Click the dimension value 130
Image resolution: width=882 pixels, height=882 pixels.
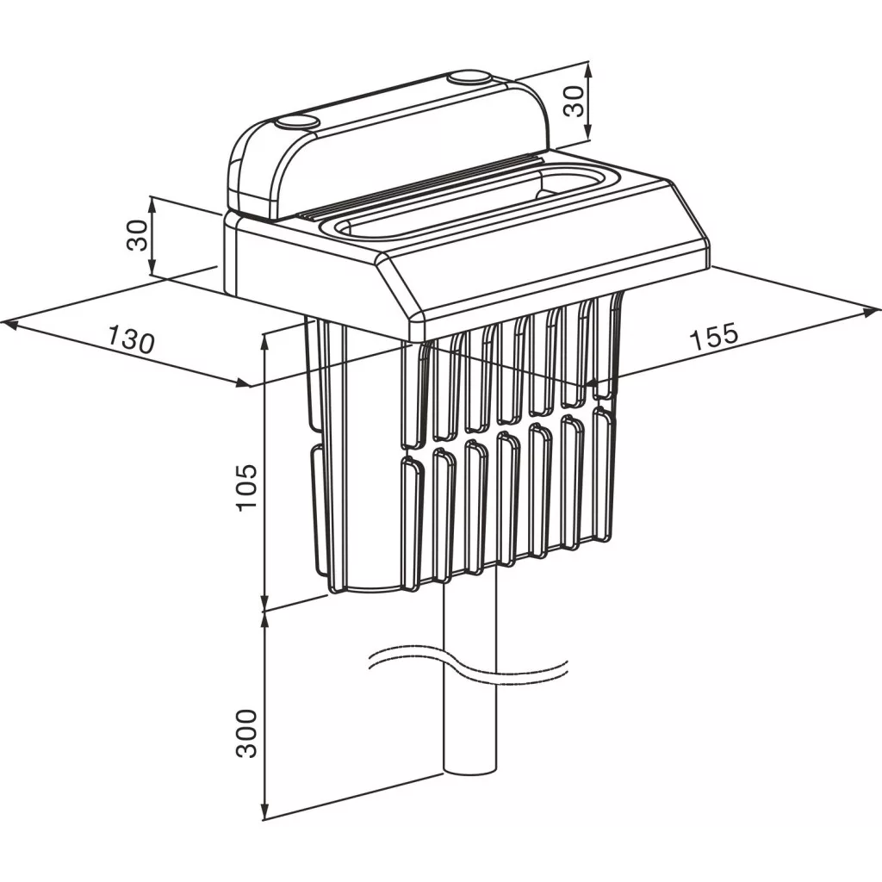tap(131, 339)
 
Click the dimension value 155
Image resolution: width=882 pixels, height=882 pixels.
tap(714, 337)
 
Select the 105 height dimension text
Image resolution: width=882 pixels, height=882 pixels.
tap(247, 488)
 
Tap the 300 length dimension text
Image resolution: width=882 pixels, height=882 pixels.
tap(246, 733)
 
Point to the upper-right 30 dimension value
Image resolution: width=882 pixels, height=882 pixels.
tap(574, 102)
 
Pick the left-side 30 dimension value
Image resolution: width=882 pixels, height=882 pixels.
tap(137, 235)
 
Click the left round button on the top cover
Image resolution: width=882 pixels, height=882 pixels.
tap(297, 122)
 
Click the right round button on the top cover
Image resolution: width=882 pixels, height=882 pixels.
tap(470, 77)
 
